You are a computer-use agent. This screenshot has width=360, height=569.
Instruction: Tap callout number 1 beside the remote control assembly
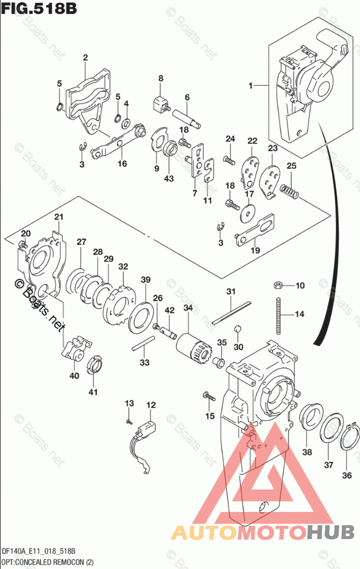pos(251,86)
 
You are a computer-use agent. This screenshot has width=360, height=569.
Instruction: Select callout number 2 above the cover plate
pos(85,58)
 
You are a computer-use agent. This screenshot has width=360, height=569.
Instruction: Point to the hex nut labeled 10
pos(277,285)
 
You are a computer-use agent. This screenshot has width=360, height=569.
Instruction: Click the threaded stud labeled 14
pos(279,316)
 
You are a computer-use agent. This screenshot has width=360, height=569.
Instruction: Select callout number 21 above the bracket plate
pos(58,217)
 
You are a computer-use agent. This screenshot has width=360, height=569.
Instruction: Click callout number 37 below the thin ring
pos(328,465)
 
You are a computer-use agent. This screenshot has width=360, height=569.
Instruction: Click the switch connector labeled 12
pos(147,429)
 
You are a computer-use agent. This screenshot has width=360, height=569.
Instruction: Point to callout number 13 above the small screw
pos(129,403)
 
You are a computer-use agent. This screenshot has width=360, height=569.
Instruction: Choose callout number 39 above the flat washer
pos(146,280)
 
